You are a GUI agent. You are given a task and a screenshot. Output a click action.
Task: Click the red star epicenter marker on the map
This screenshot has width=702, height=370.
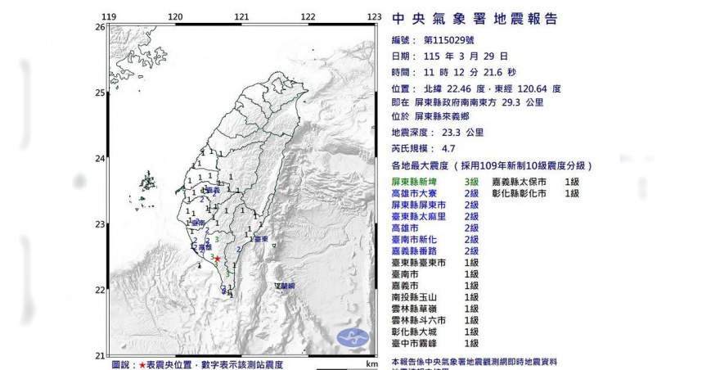click(218, 258)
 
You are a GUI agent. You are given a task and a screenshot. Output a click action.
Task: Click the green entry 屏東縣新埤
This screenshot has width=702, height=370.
click(418, 182)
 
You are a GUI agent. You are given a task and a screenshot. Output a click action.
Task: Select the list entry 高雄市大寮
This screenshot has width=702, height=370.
click(418, 193)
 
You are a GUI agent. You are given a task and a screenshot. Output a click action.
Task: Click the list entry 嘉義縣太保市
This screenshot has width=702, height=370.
click(520, 182)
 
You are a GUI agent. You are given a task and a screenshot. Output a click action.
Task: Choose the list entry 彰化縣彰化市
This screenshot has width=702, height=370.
click(520, 193)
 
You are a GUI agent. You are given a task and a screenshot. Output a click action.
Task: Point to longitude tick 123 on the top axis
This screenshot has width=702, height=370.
click(374, 16)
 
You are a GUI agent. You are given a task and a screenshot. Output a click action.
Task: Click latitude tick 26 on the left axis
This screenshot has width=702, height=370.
click(100, 27)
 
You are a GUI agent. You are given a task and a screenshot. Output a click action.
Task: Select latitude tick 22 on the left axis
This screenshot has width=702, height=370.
click(100, 290)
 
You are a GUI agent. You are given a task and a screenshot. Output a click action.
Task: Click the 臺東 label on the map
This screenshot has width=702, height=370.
click(261, 239)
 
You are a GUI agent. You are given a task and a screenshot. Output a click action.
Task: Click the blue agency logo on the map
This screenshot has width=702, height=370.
click(353, 336)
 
